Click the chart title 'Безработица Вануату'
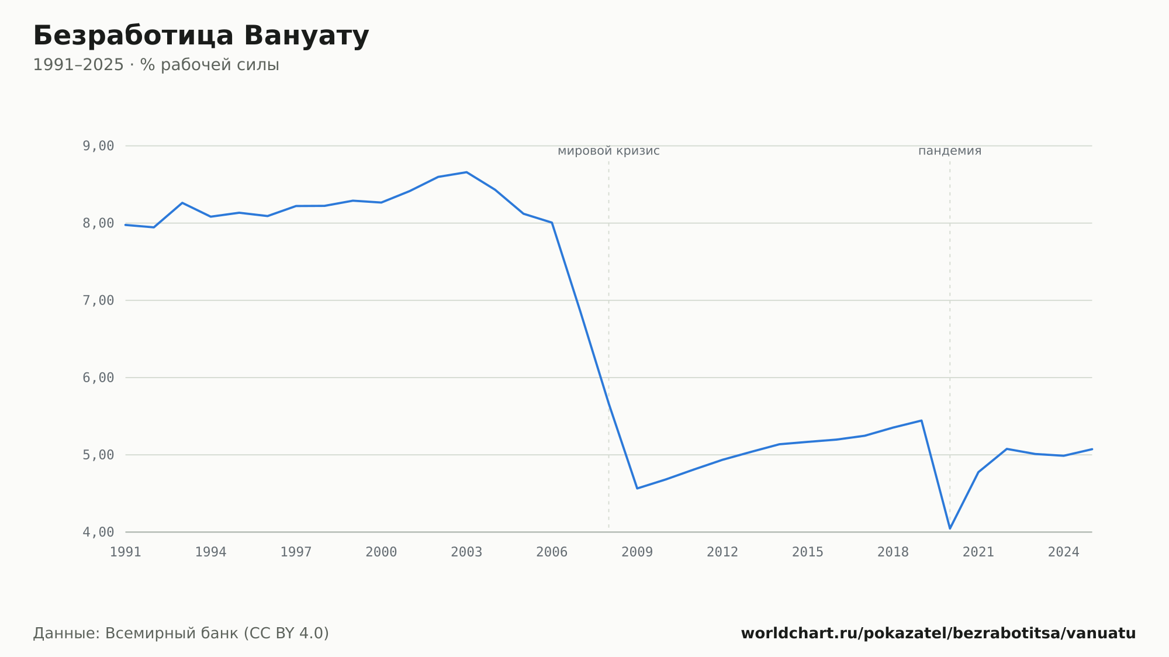coord(201,36)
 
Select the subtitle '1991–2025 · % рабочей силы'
coord(156,65)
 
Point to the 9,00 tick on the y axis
coord(98,146)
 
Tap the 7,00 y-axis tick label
coord(98,300)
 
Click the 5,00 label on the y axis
coord(98,455)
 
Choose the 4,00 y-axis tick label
coord(98,532)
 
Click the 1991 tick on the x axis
coord(126,552)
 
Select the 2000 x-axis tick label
coord(381,552)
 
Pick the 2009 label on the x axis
coord(637,552)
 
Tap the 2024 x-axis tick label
coord(1064,552)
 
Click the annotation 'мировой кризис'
coord(608,151)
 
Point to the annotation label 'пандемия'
coord(950,151)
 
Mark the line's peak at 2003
coord(466,172)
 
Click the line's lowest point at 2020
coord(950,528)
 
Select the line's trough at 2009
coord(637,488)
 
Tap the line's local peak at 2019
coord(921,420)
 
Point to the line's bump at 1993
coord(182,203)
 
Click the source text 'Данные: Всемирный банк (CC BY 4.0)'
coord(181,634)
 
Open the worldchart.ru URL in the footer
coord(938,634)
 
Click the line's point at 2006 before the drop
coord(552,223)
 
